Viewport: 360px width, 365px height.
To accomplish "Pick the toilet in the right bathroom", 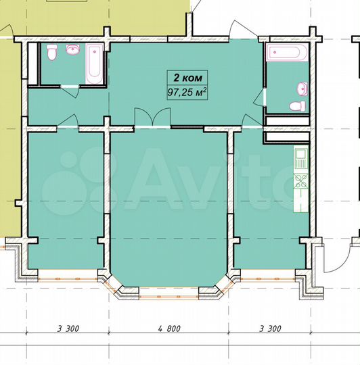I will [x=294, y=106].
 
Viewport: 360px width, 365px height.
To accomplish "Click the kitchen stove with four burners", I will [x=300, y=180].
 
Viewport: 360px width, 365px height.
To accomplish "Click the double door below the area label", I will [x=153, y=118].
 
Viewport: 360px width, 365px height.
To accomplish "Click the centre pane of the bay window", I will [x=168, y=293].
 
